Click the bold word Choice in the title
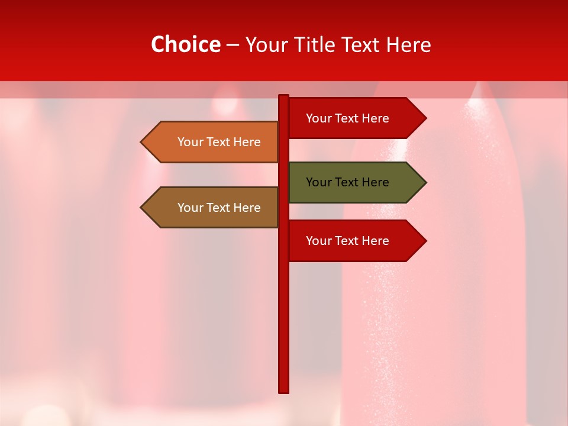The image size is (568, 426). [185, 45]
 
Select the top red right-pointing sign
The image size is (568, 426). [349, 118]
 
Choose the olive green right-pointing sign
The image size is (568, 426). [349, 182]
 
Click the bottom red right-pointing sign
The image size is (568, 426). [349, 241]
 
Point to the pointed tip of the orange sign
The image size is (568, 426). [143, 142]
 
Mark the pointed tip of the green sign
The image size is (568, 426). [424, 182]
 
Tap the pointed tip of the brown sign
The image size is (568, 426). [143, 208]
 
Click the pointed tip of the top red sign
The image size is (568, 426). [424, 118]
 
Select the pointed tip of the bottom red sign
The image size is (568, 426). [424, 241]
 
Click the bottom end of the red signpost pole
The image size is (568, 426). [284, 390]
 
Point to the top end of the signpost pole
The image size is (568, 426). [284, 97]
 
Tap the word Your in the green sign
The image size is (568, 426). [319, 182]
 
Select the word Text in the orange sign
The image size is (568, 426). [219, 142]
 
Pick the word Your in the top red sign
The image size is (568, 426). [319, 118]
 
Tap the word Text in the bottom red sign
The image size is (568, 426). [347, 241]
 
